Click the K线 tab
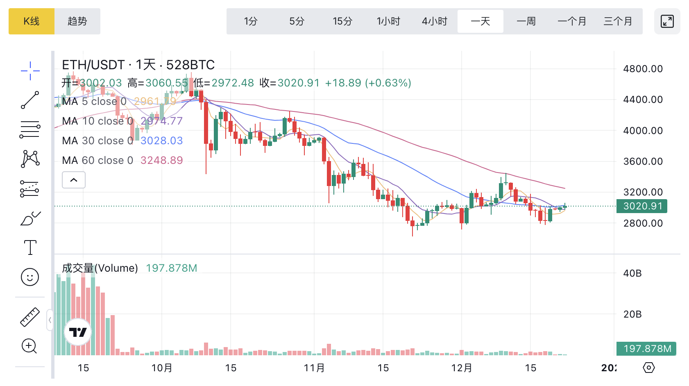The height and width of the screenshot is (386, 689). [32, 21]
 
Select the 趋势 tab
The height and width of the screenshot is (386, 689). [77, 21]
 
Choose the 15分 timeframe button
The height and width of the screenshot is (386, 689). [342, 21]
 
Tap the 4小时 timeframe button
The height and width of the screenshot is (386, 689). [434, 21]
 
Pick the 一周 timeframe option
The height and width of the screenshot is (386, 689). [526, 21]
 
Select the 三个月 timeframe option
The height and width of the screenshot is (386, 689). [618, 21]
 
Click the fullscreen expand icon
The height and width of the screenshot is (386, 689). [667, 21]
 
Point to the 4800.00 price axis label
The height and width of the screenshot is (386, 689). [643, 69]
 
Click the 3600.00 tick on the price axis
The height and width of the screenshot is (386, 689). [643, 161]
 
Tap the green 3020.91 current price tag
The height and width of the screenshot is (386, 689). [642, 206]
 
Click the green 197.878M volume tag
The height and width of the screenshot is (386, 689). [647, 349]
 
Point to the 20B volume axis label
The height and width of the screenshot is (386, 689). [632, 314]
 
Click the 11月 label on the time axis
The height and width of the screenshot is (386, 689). [314, 368]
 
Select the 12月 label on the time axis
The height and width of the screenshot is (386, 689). [462, 368]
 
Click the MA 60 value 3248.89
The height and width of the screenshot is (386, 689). [161, 160]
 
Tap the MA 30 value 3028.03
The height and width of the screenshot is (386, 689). [161, 141]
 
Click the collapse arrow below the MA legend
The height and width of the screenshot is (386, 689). [74, 180]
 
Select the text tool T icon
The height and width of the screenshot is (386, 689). [30, 247]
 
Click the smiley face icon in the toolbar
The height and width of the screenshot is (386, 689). [30, 277]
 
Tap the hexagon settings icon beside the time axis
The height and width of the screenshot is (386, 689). [648, 368]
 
